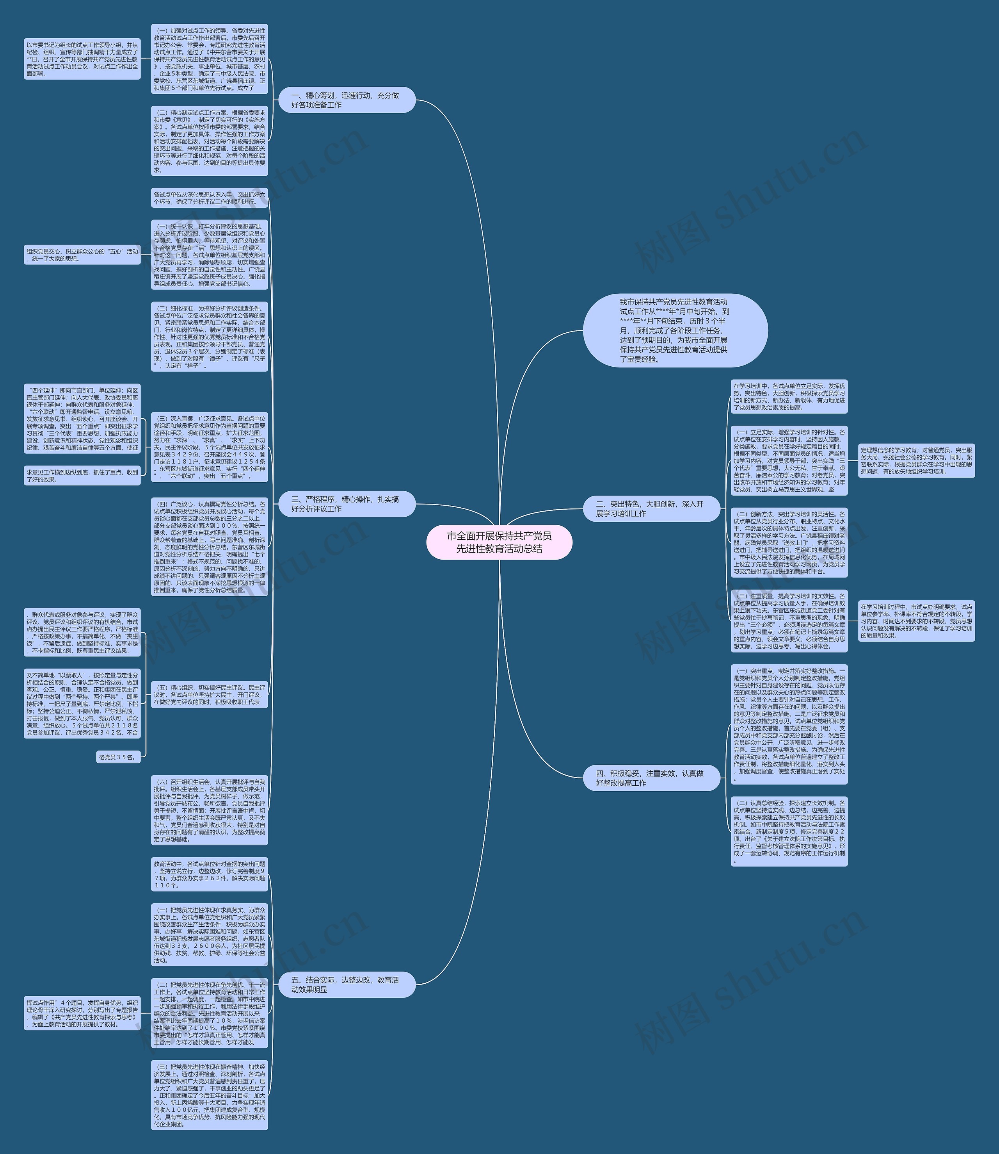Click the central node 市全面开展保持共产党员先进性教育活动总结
click(499, 542)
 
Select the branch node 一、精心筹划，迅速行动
click(347, 100)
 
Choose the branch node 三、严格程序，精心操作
click(347, 504)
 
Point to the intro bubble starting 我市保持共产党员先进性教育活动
click(675, 330)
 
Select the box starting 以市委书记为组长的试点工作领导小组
click(82, 59)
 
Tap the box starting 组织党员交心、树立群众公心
click(82, 255)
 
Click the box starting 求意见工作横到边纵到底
click(82, 475)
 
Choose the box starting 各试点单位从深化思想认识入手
click(210, 198)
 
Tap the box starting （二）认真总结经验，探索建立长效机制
click(789, 831)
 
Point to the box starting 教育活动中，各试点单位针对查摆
click(210, 874)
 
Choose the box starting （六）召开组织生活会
click(210, 810)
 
